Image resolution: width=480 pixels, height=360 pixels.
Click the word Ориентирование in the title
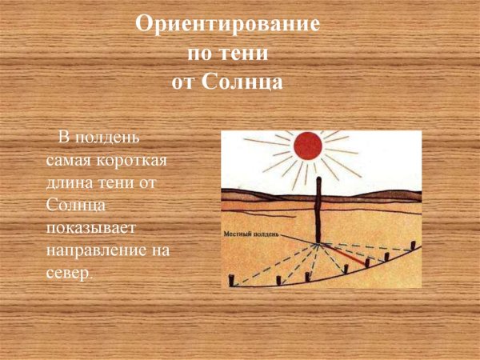coord(228,25)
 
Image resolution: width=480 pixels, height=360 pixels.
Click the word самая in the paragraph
coord(66,162)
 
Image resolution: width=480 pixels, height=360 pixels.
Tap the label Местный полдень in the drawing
coord(251,235)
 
